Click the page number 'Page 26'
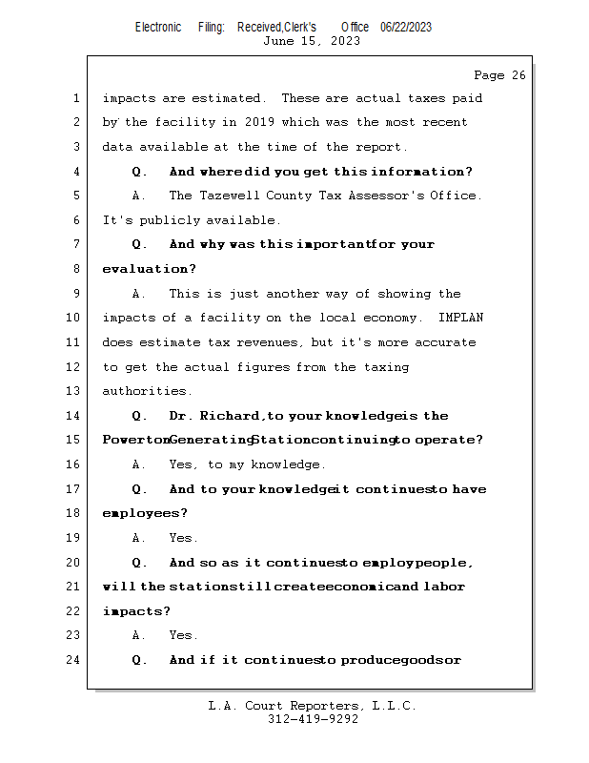(x=499, y=75)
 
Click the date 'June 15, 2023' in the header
(x=312, y=41)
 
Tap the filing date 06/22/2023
(x=406, y=28)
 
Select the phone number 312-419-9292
(x=313, y=719)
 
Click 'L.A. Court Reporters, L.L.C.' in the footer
(x=313, y=706)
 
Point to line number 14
(x=74, y=416)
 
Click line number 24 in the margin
(x=74, y=660)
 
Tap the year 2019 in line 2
(x=259, y=122)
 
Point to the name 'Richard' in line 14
(x=231, y=416)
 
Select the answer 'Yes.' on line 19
(x=184, y=538)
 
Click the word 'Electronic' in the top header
(x=158, y=28)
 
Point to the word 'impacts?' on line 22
(x=136, y=611)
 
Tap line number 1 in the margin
(x=74, y=98)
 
